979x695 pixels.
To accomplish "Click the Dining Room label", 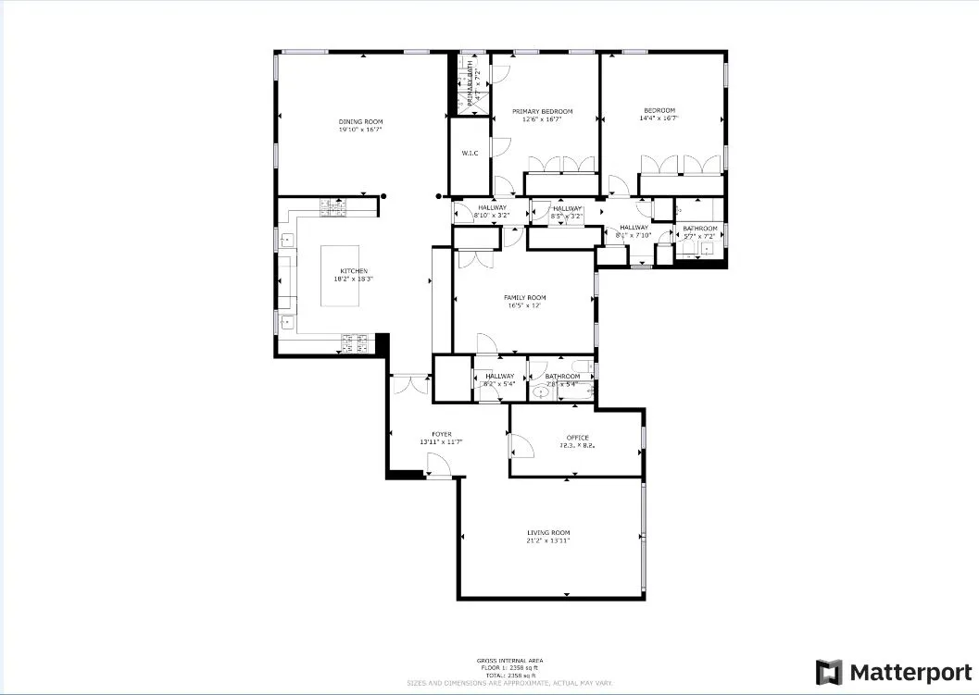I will [x=360, y=122].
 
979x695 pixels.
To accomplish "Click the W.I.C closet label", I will [x=470, y=153].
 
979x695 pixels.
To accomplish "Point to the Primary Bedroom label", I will [x=543, y=111].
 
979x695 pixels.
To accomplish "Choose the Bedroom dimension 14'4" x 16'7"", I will [x=659, y=118].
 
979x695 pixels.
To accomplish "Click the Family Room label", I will [x=524, y=298].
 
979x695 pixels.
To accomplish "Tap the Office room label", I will [x=577, y=438].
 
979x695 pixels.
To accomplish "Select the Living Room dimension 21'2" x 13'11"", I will [x=547, y=540].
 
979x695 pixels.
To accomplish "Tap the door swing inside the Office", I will [x=521, y=447].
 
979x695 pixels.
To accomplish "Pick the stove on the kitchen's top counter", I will [x=332, y=208].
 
